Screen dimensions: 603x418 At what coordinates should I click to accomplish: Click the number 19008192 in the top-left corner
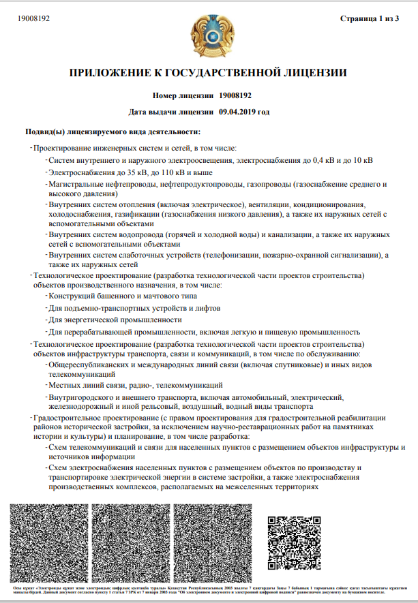[x=33, y=18]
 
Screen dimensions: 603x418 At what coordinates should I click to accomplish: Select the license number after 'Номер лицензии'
[x=236, y=95]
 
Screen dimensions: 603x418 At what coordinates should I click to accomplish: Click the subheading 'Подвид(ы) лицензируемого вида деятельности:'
[x=113, y=130]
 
